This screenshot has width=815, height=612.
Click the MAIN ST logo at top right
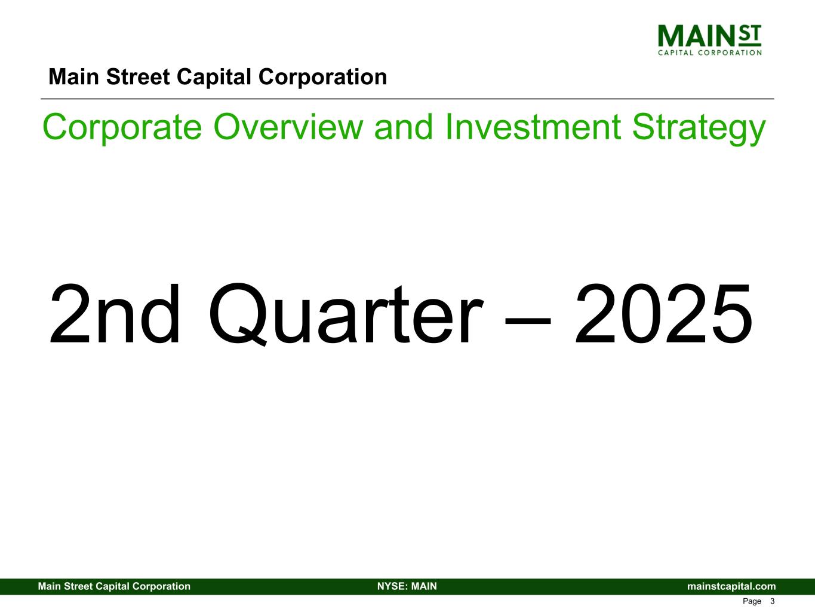709,40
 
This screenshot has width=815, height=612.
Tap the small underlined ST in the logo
749,35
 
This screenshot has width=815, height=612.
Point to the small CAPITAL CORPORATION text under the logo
709,53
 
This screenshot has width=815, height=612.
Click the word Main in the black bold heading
73,77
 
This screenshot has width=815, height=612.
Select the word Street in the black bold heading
138,77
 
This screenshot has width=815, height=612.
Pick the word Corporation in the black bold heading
322,77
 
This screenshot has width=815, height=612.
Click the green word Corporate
122,127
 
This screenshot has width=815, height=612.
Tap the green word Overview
288,127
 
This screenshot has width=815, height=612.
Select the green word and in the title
404,127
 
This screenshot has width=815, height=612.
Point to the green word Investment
533,127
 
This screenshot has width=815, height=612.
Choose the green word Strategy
699,128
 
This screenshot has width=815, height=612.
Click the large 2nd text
115,314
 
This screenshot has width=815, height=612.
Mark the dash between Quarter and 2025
528,321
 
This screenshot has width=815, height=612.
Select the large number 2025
664,314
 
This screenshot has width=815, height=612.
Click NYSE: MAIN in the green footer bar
407,586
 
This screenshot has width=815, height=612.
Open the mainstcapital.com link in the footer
731,586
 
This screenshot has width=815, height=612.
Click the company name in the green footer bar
114,586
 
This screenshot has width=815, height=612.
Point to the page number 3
772,601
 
